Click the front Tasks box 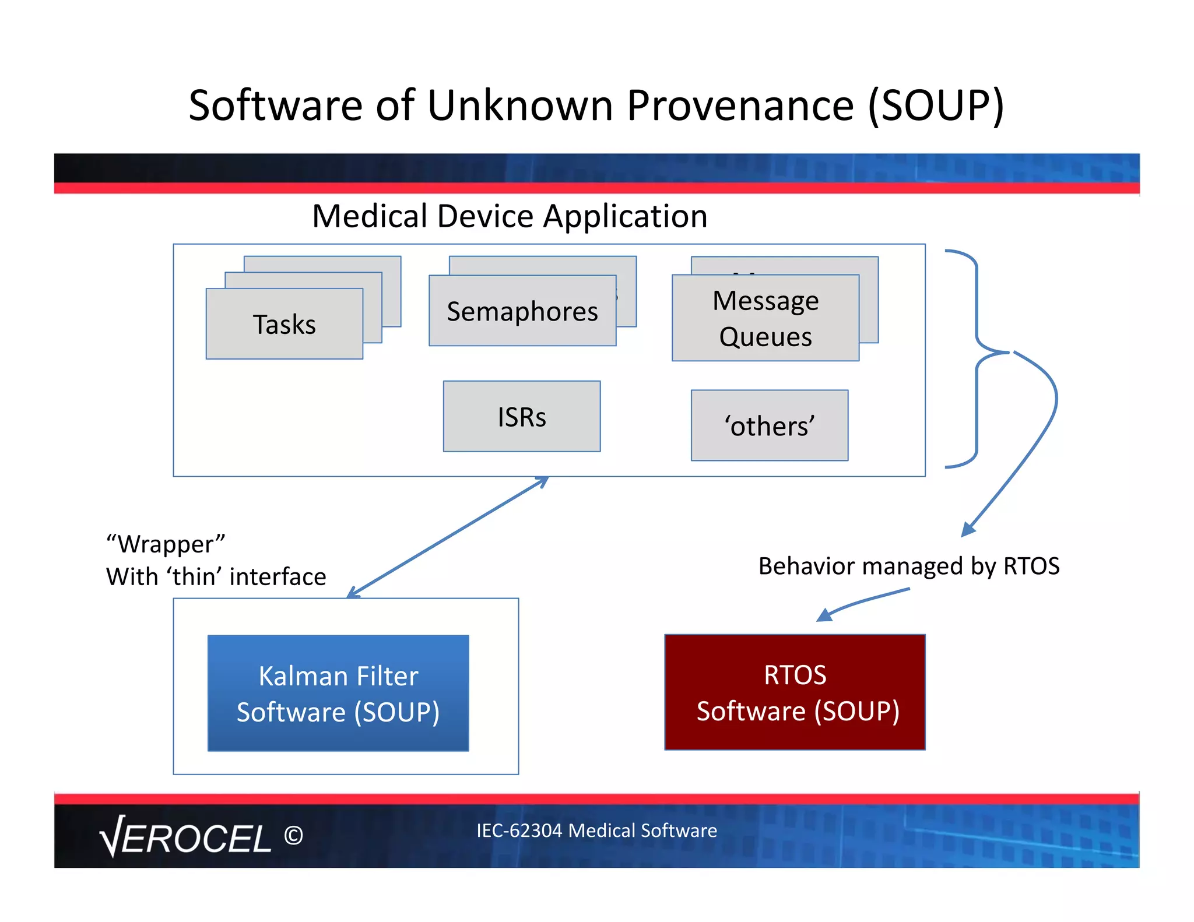tap(285, 324)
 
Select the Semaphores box tap(522, 311)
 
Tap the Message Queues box tap(765, 318)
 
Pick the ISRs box tap(522, 417)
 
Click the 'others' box tap(770, 426)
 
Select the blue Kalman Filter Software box tap(338, 694)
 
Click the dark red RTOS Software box tap(795, 692)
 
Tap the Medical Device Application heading tap(510, 216)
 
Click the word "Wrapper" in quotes tap(166, 544)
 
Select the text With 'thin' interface tap(216, 577)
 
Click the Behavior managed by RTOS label tap(908, 566)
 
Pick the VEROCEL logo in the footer tap(185, 837)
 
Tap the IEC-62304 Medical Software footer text tap(596, 830)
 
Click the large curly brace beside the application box tap(976, 358)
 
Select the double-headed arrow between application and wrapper tap(448, 537)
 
